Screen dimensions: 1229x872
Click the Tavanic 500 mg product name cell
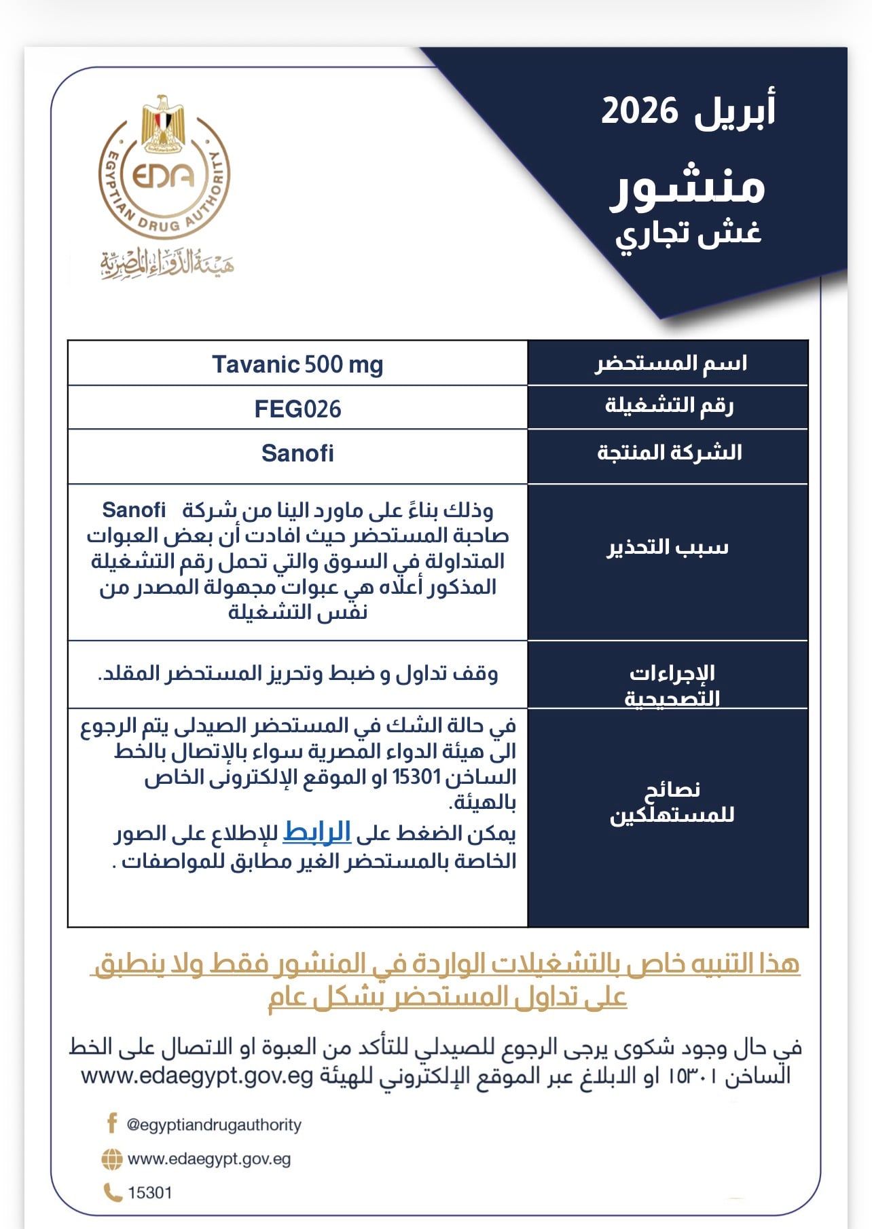click(x=297, y=365)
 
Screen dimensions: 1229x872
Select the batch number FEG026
click(x=297, y=409)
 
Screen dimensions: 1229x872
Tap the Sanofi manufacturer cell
click(x=297, y=453)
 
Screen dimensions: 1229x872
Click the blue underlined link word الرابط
click(x=316, y=833)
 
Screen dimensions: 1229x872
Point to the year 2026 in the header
click(x=639, y=111)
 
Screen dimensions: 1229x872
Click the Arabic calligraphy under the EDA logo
click(x=167, y=265)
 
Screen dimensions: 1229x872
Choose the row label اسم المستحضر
click(x=671, y=364)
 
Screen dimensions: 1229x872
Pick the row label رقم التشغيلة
click(x=669, y=406)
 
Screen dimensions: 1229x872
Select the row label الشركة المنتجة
click(x=669, y=453)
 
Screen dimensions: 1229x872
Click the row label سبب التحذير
click(x=668, y=547)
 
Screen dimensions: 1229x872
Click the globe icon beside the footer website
click(x=112, y=1159)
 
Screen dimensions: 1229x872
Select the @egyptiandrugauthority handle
click(x=214, y=1124)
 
